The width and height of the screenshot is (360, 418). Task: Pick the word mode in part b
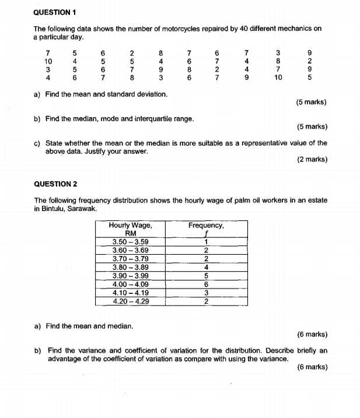[105, 118]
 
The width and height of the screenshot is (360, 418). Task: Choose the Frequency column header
[206, 225]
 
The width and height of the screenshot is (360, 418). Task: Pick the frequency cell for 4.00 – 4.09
[206, 284]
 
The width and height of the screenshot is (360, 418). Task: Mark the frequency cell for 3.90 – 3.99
[206, 276]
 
